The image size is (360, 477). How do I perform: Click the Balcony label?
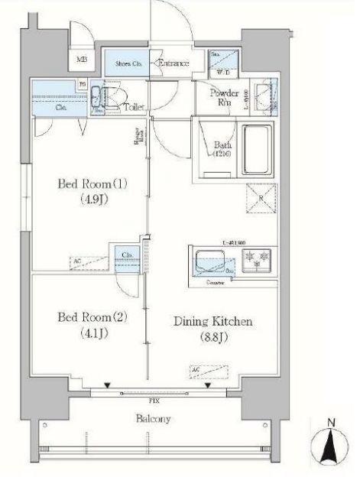pos(154,419)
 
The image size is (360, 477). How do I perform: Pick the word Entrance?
pos(172,63)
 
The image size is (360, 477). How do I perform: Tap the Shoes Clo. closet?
pos(128,63)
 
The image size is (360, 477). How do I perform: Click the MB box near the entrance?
pos(81,57)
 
